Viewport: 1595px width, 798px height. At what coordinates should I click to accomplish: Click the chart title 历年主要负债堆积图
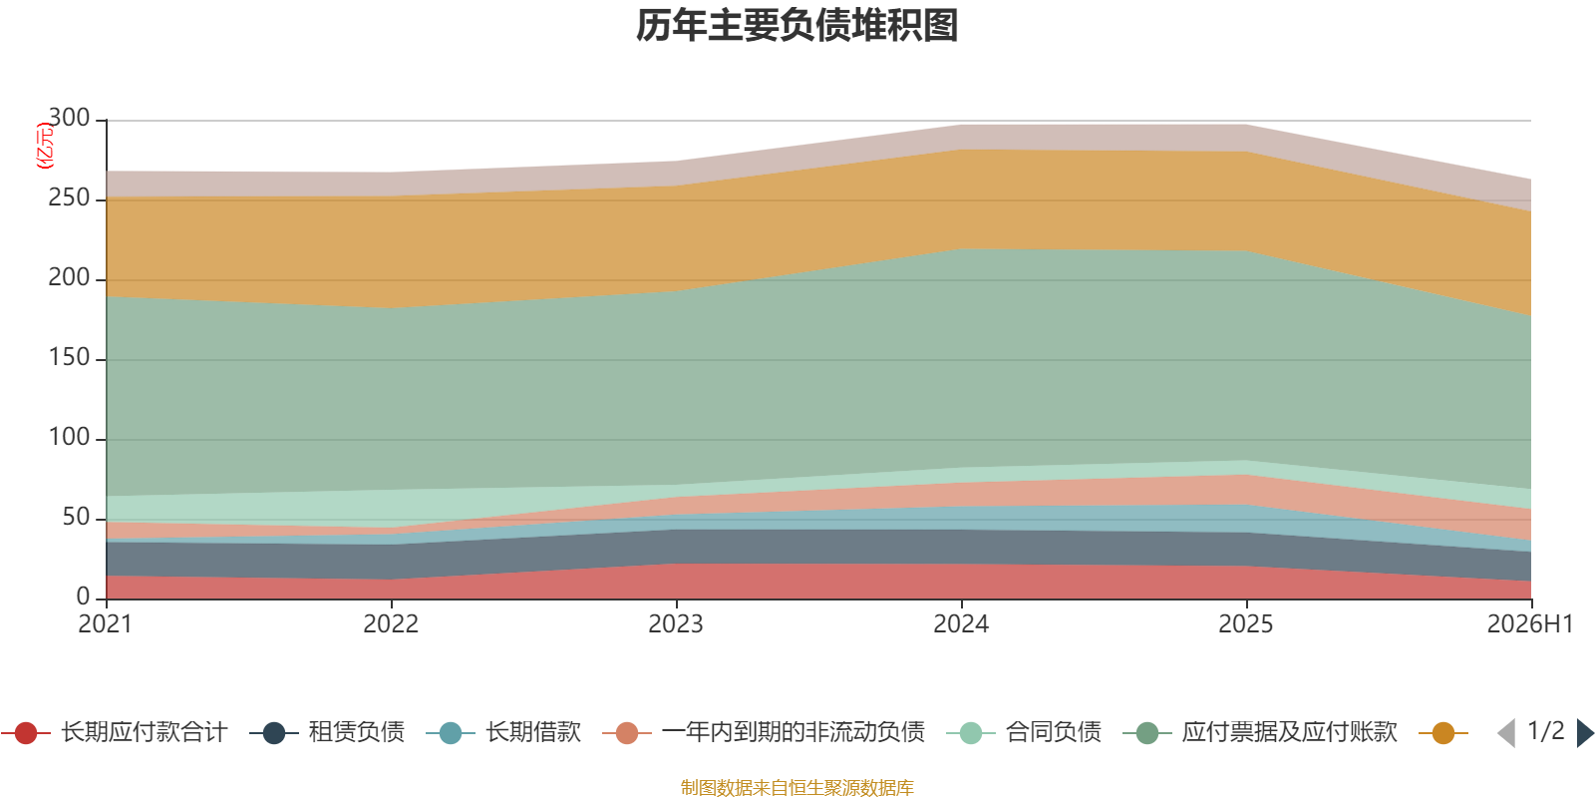(797, 26)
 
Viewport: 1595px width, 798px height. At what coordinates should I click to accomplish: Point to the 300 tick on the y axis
(69, 118)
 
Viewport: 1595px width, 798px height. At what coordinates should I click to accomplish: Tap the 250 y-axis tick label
(69, 198)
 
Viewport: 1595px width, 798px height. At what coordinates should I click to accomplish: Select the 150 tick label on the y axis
(69, 357)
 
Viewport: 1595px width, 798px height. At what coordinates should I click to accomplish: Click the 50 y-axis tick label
(76, 517)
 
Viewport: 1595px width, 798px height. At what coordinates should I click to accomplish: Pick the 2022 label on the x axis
(391, 624)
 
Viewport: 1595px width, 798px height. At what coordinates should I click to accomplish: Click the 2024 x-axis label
(961, 624)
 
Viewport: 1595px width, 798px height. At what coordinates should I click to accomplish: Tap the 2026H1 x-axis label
(1530, 624)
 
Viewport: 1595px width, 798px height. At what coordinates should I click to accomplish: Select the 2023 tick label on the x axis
(676, 624)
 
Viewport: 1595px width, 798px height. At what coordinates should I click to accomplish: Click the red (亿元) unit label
(44, 146)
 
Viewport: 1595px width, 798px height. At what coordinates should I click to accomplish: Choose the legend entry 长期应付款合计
(114, 732)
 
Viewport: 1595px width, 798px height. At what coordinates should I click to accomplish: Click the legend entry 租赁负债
(328, 732)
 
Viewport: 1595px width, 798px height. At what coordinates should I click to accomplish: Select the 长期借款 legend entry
(503, 732)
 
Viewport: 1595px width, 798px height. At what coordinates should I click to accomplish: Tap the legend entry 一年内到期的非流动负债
(764, 732)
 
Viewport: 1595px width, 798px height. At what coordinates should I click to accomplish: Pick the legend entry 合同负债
(1024, 732)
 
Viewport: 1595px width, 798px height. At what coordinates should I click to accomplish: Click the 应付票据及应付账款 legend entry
(1260, 732)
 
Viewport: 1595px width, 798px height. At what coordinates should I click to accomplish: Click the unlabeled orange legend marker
(1443, 732)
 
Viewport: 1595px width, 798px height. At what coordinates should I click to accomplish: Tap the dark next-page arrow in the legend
(1584, 732)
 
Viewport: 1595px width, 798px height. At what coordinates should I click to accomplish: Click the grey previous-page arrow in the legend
(1506, 732)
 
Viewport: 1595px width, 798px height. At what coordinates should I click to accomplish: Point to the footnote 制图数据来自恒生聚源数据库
(797, 787)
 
